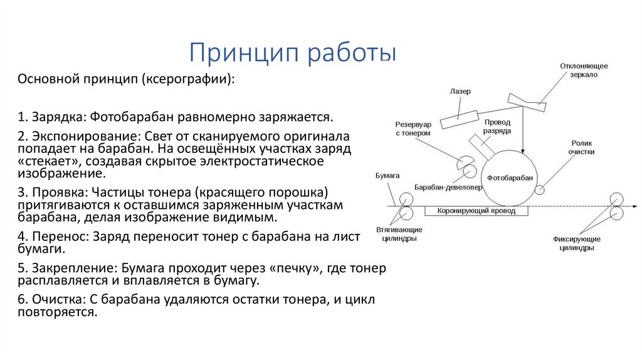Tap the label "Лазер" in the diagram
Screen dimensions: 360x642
pyautogui.click(x=460, y=92)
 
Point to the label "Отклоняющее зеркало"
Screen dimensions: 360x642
pyautogui.click(x=584, y=70)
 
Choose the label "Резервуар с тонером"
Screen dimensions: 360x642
pyautogui.click(x=413, y=129)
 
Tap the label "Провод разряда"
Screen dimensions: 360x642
pyautogui.click(x=497, y=127)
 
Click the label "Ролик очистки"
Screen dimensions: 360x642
pyautogui.click(x=581, y=147)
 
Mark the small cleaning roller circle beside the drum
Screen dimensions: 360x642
pyautogui.click(x=539, y=188)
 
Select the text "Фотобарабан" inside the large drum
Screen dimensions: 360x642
pyautogui.click(x=510, y=178)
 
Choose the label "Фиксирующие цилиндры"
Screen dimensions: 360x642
pyautogui.click(x=577, y=243)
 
